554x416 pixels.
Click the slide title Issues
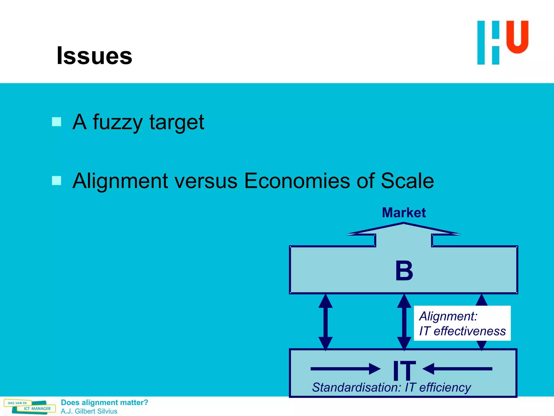[94, 56]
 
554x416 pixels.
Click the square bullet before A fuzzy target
[57, 122]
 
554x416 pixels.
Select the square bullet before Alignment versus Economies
[57, 180]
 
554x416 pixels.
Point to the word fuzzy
[117, 122]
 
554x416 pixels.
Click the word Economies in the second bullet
[297, 181]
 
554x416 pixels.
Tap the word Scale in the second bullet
[407, 181]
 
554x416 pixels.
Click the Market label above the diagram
[404, 213]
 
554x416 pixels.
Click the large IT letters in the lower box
[404, 370]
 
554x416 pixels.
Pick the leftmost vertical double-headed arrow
[325, 322]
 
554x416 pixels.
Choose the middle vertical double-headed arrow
[404, 322]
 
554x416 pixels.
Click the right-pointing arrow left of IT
[345, 369]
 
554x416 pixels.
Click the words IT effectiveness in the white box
[462, 331]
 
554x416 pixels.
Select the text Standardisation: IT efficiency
[391, 387]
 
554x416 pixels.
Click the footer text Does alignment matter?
[104, 402]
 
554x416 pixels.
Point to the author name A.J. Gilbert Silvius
[89, 411]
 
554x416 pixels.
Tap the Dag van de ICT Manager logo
[30, 407]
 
